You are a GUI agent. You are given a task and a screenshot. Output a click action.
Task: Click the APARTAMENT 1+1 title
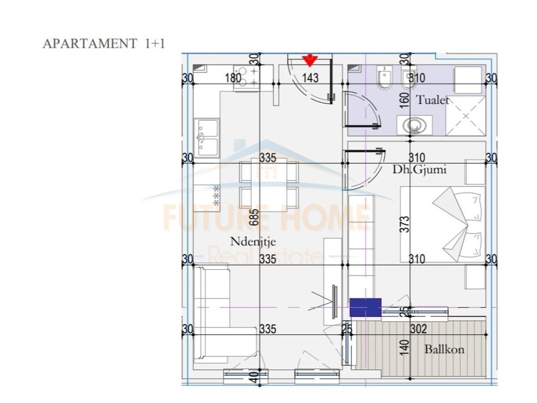click(104, 44)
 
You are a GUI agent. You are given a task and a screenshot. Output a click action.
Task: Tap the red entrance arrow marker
click(310, 60)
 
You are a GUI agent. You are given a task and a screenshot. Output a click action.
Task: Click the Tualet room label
click(433, 100)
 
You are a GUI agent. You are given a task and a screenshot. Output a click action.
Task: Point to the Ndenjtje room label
click(253, 241)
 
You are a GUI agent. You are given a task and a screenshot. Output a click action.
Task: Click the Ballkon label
click(445, 349)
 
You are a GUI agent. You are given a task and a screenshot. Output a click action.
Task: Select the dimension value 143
click(310, 78)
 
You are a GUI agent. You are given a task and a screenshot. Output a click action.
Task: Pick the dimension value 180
click(233, 78)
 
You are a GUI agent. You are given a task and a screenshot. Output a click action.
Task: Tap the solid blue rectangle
click(366, 307)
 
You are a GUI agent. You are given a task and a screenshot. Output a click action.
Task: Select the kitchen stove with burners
click(246, 78)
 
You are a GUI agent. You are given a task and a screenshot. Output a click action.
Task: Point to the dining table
click(268, 184)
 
